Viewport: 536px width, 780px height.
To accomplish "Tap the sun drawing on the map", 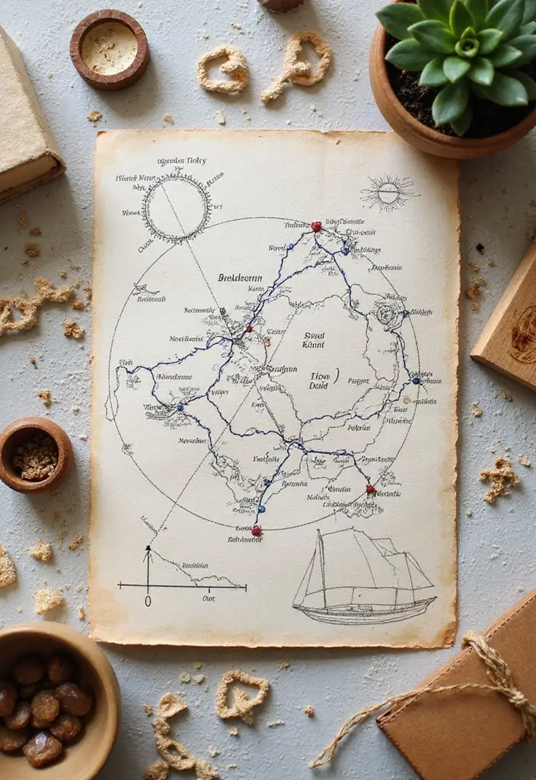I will [x=388, y=192].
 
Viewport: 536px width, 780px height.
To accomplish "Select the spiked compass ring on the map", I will [x=177, y=207].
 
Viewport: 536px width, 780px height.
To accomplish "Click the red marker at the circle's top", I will [x=316, y=226].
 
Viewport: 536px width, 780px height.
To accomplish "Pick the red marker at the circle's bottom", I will [x=257, y=530].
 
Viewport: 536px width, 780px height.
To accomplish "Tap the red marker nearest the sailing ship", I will [x=370, y=489].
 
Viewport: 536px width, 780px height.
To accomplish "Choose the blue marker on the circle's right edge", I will [x=416, y=380].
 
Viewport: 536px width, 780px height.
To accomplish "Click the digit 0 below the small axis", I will [x=148, y=601].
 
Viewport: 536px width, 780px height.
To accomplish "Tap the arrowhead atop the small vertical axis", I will [x=148, y=549].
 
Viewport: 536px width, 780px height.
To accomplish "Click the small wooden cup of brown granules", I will [x=35, y=455].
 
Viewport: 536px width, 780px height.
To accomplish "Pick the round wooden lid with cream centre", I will [x=110, y=49].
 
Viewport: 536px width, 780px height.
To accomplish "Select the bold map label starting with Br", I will [x=241, y=278].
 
